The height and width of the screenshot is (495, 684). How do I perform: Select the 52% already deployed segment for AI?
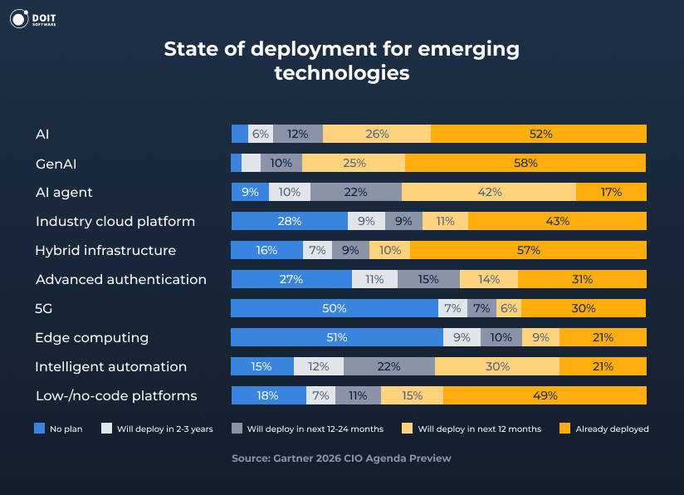(x=538, y=134)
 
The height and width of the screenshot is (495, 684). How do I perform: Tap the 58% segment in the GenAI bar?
(x=525, y=163)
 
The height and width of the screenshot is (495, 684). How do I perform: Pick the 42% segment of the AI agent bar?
(x=489, y=192)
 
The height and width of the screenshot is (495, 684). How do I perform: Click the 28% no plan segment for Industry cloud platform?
(x=289, y=221)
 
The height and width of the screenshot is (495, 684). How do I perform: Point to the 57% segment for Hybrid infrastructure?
(x=528, y=250)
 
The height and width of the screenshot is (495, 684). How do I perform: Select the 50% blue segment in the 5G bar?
(x=335, y=308)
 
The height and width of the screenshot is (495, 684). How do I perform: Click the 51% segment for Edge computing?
(x=336, y=337)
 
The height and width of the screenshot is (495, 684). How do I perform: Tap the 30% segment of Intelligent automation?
(x=496, y=366)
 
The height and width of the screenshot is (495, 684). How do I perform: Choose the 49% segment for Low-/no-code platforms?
(x=545, y=395)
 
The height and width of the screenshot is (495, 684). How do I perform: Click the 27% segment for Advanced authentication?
(x=291, y=279)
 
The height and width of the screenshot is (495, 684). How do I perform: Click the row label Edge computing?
(x=91, y=337)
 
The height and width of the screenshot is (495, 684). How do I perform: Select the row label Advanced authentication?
(x=120, y=279)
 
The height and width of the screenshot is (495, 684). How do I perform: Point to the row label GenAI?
(x=56, y=163)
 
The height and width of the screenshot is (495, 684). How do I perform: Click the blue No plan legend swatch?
(x=39, y=429)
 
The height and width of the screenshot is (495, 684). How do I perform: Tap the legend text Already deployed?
(x=613, y=429)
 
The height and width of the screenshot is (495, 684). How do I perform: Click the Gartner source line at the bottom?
(x=341, y=458)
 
